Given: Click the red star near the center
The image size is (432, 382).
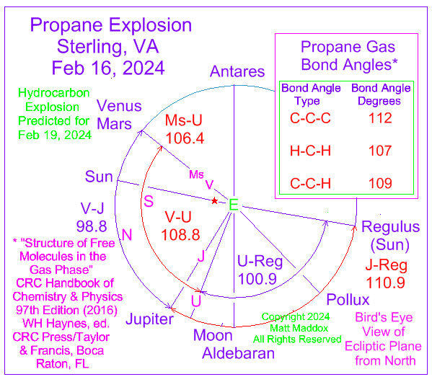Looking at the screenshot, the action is click(x=214, y=201).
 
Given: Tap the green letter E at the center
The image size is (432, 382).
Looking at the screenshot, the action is click(x=234, y=205).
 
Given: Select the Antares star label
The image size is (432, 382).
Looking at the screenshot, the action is click(x=237, y=71).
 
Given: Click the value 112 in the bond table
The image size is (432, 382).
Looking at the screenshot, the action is click(x=380, y=118).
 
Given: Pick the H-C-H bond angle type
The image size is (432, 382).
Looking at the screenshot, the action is click(x=310, y=151).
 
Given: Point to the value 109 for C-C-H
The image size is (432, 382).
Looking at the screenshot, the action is click(x=380, y=183).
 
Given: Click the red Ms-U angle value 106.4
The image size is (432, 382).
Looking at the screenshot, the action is click(x=185, y=138).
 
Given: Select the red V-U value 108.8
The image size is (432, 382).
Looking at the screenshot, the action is click(x=180, y=235).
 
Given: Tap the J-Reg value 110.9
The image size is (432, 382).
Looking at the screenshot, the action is click(x=385, y=283).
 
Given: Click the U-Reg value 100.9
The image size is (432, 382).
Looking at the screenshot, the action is click(x=257, y=279).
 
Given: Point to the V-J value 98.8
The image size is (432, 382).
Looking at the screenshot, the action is click(x=92, y=226).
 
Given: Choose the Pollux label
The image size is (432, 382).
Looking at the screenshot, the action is click(x=348, y=299).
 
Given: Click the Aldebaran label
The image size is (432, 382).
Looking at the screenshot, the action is click(x=238, y=353).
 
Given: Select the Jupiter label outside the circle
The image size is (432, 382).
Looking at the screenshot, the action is click(x=149, y=319).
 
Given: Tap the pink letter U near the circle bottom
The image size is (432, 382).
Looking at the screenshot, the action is click(x=196, y=301).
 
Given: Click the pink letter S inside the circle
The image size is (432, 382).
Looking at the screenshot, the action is click(x=149, y=201).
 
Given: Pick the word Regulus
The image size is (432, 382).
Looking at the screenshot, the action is click(x=390, y=227).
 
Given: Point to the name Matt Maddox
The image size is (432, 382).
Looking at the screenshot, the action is click(x=299, y=328).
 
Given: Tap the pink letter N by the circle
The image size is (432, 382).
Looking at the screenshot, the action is click(x=127, y=235).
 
